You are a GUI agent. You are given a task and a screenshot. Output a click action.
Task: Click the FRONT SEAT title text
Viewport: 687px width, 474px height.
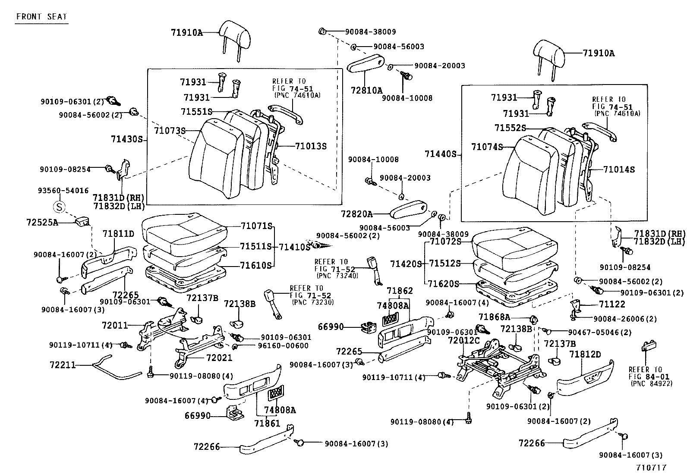[41, 17]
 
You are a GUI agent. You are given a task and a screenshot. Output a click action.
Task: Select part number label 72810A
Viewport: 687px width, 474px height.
[366, 90]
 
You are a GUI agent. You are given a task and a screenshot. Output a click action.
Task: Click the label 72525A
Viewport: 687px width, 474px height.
[42, 222]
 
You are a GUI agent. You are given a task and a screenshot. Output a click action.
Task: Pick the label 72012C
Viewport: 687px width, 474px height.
[463, 340]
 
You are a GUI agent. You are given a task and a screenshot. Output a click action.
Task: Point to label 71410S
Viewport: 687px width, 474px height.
[294, 247]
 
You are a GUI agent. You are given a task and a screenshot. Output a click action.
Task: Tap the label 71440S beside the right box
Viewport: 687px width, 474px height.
[440, 154]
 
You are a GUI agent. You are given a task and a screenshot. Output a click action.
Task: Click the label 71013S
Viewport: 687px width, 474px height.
[311, 146]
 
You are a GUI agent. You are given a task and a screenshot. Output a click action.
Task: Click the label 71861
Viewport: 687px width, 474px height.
[267, 423]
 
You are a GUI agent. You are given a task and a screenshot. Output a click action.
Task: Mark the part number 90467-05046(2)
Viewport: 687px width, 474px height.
[599, 332]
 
